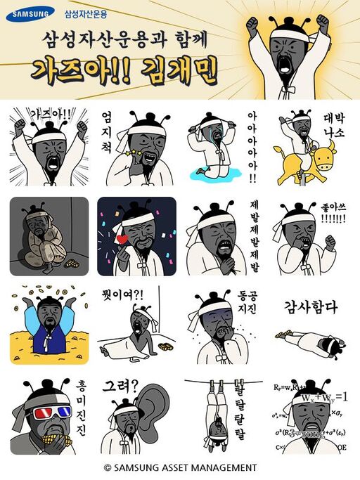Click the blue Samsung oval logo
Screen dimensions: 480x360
tap(30, 13)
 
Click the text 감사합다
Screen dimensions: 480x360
tap(310, 307)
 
